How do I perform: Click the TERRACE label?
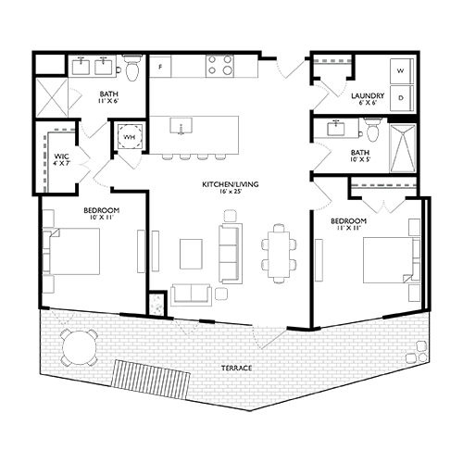tap(236, 368)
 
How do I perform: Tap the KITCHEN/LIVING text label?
tap(231, 185)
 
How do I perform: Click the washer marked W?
tap(401, 70)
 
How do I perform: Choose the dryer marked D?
tap(401, 95)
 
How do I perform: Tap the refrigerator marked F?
tap(161, 68)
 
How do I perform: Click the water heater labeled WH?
tap(128, 136)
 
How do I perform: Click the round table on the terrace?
tap(77, 350)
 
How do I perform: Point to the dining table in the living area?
tap(276, 250)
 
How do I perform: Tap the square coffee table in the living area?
tap(192, 250)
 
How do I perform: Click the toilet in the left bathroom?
tap(132, 70)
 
